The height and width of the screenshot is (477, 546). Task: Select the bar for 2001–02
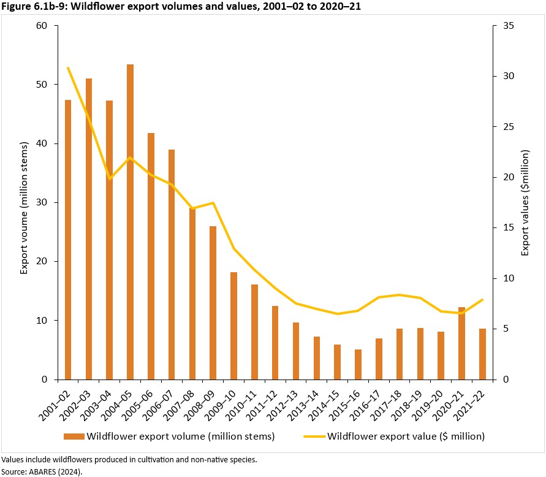[68, 240]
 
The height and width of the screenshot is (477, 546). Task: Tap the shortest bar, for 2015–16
[358, 364]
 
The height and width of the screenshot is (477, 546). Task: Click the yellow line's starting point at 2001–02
[68, 68]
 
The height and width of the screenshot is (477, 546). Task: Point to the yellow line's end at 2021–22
[482, 300]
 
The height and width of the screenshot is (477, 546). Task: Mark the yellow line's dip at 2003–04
[110, 178]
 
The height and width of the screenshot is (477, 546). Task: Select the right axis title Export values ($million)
[526, 203]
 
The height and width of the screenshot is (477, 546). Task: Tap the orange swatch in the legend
[73, 437]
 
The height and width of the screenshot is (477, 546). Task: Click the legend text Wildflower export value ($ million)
[406, 437]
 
